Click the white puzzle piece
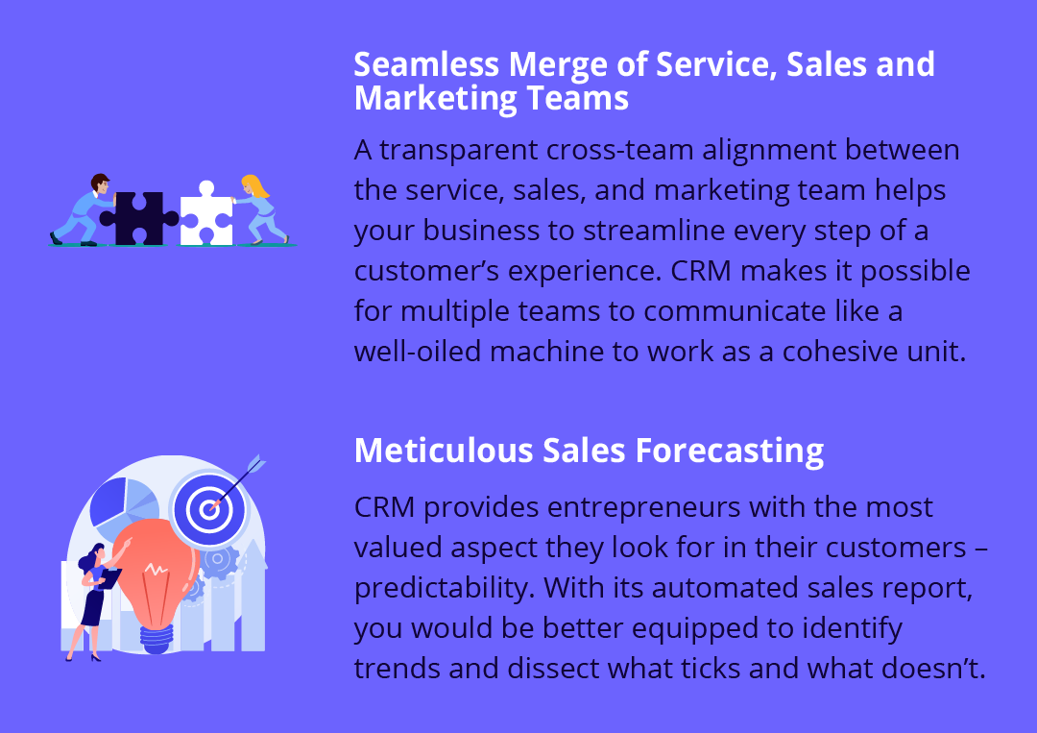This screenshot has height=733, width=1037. (206, 214)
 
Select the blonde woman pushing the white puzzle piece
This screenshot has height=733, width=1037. (260, 209)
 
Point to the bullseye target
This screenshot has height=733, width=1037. (209, 509)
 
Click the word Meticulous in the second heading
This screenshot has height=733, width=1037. (444, 451)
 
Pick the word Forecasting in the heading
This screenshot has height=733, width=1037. (730, 452)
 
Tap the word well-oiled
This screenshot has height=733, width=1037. (418, 351)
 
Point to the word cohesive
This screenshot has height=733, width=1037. (839, 351)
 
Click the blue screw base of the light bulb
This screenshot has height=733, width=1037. (157, 639)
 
